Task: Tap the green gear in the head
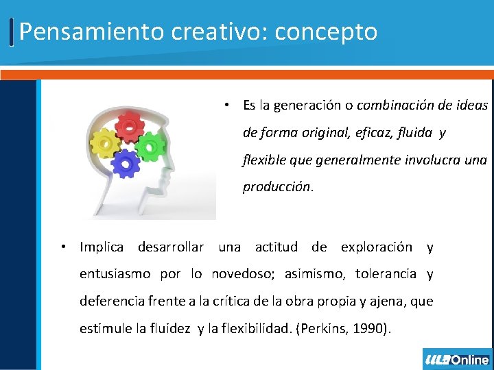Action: click(x=150, y=145)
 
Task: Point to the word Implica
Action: click(x=102, y=247)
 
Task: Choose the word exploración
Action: click(x=377, y=247)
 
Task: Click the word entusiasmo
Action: click(x=115, y=274)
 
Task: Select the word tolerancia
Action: click(x=386, y=274)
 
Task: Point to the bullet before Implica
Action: click(x=62, y=247)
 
